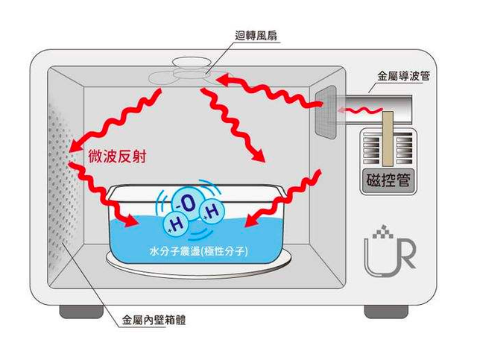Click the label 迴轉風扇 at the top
coord(256,36)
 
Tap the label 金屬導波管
coord(403,76)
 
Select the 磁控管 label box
coord(388,180)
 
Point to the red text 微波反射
coord(117,156)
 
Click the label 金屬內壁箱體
coord(154,320)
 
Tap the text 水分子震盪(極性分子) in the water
coord(199,251)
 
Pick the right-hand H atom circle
coord(212,212)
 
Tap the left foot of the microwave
coord(81,312)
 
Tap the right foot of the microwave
coord(386,312)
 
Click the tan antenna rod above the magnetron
coord(388,139)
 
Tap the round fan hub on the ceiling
coord(192,62)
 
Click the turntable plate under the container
coord(199,267)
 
